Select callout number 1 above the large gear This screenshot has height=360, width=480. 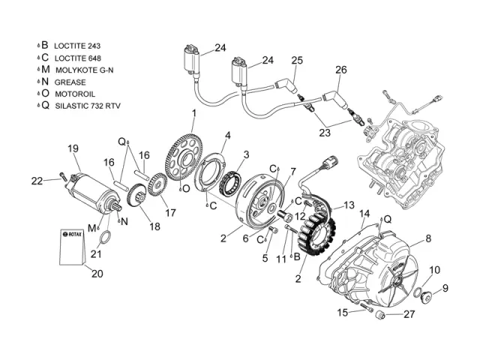(x=193, y=113)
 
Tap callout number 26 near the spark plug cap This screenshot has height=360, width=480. (x=341, y=70)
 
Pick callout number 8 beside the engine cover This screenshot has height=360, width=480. (x=428, y=238)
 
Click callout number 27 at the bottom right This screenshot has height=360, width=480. (x=409, y=315)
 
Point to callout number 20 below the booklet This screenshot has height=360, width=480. (x=97, y=274)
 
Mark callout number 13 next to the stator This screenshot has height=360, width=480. (x=349, y=205)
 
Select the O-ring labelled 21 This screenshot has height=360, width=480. (x=106, y=239)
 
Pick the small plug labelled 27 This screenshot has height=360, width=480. (x=379, y=314)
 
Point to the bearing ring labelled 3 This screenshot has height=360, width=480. (x=230, y=181)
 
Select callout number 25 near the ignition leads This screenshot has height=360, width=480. (x=298, y=60)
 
